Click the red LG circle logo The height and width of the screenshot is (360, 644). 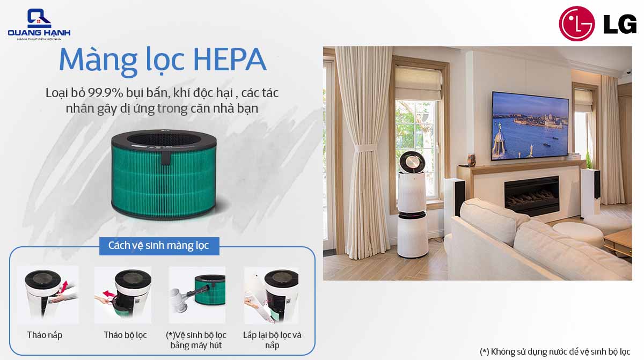point(576,24)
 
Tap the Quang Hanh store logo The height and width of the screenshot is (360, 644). point(39,25)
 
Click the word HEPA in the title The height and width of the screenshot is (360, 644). point(230,60)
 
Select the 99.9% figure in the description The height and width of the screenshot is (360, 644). point(106,93)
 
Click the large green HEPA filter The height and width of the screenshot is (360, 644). point(164,175)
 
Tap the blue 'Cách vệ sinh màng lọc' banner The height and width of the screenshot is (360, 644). point(159,246)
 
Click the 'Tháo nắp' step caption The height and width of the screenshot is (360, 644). point(45,335)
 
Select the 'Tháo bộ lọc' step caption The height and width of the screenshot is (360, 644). point(126,335)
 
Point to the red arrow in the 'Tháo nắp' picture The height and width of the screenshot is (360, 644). point(64,285)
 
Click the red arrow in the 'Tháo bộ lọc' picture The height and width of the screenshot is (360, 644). point(109,294)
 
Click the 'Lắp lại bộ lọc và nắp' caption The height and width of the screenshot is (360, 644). point(272,340)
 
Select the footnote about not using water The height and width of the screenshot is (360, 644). point(555,351)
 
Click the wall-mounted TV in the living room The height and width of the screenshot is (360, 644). point(530,126)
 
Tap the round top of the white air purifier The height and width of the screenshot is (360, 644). point(412,163)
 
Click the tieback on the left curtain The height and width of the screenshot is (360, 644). point(365,148)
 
